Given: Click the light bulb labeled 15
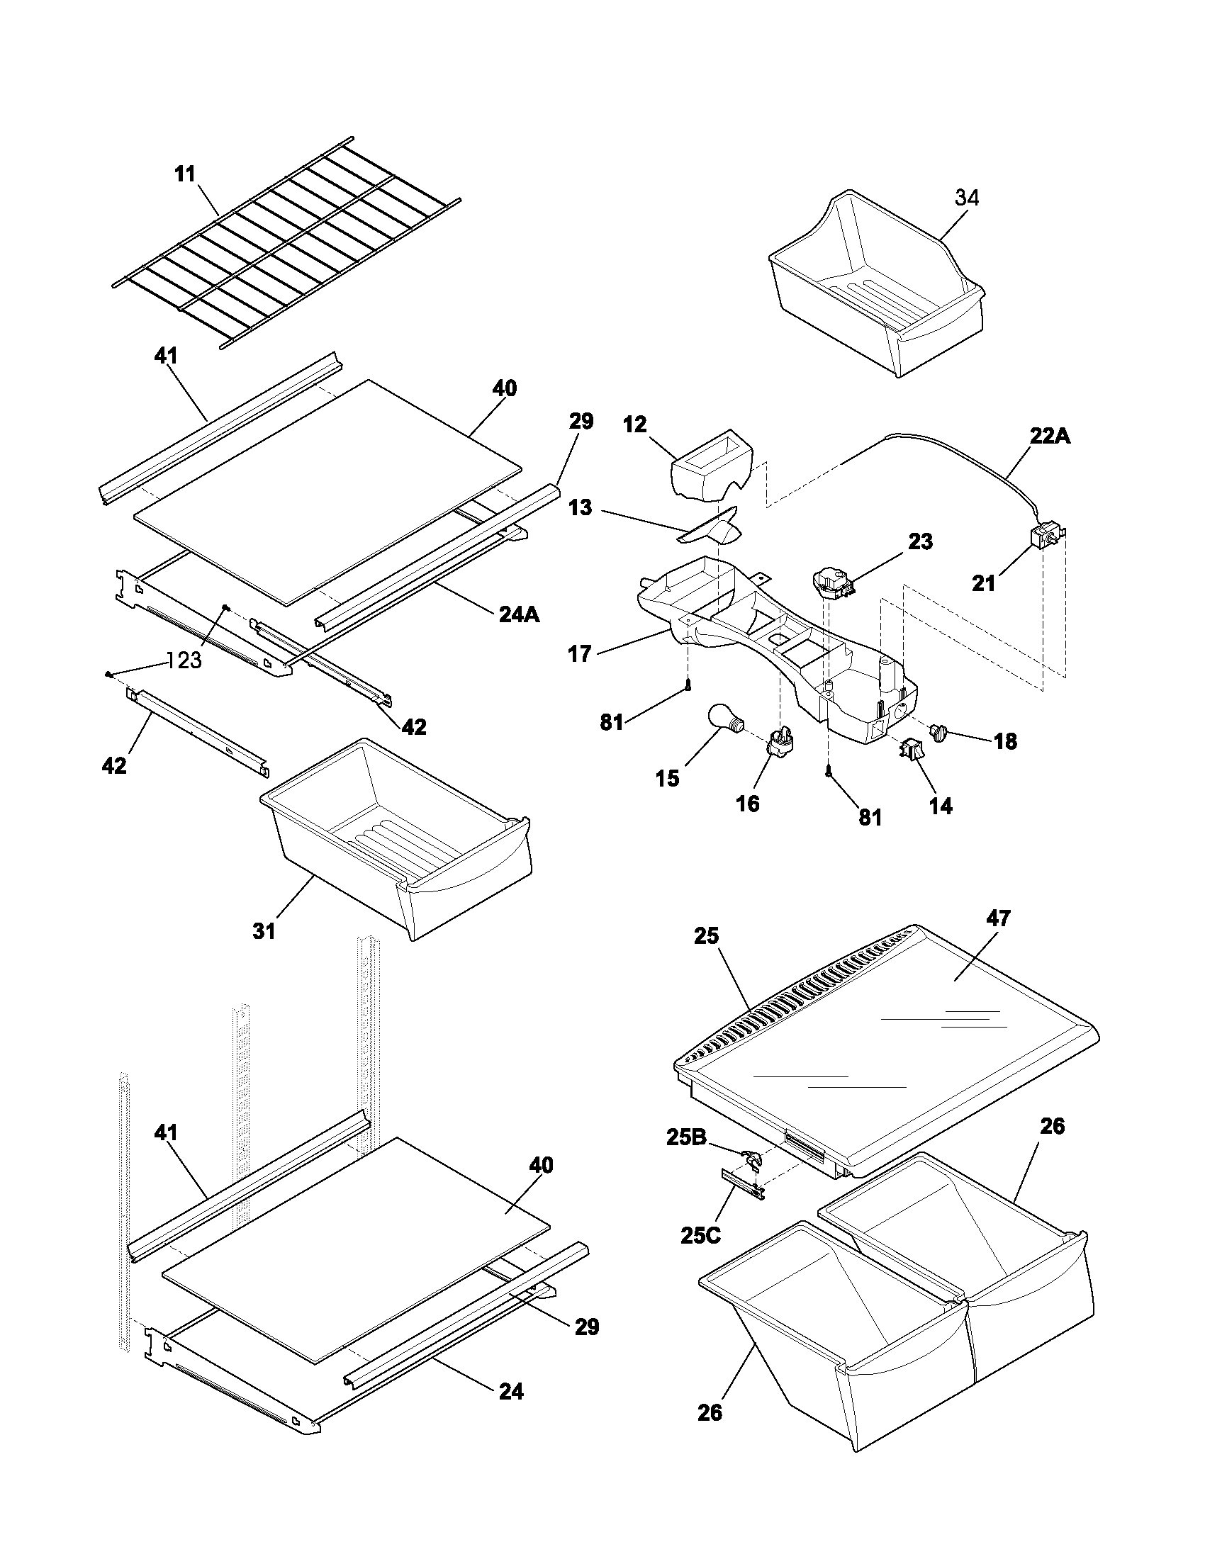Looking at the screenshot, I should coord(724,716).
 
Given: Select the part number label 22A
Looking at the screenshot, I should coord(1049,436).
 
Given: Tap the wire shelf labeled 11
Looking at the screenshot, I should coord(286,242).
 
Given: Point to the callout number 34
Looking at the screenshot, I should coord(967,198).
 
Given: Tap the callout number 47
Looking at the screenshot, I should coord(998,917).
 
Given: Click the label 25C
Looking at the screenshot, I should coord(700,1235).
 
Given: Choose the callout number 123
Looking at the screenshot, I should coord(185,660).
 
